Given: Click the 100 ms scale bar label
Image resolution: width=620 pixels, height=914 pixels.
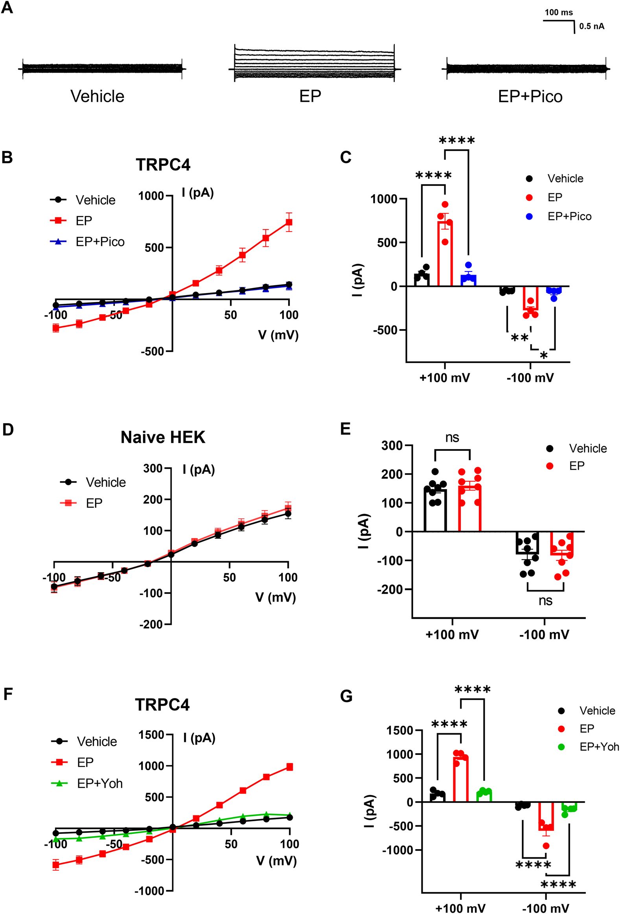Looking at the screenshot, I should [558, 13].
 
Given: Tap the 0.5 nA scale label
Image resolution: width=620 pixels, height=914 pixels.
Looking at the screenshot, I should [591, 26].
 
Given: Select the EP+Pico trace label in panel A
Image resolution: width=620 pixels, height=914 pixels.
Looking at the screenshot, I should [530, 96].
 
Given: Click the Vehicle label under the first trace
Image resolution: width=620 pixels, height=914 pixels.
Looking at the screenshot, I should [97, 96].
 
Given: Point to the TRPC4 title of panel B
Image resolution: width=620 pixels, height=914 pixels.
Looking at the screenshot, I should [163, 165].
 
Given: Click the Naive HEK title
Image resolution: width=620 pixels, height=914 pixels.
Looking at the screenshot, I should [163, 437].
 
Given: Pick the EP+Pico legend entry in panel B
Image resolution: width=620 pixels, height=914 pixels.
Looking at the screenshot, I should [99, 242].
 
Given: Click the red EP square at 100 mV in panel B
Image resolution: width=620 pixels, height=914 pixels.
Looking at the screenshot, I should [289, 222].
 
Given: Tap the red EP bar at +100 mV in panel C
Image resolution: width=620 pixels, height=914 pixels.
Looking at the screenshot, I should [445, 256].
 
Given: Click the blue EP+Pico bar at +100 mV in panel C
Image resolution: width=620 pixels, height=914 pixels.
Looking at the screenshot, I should [468, 281].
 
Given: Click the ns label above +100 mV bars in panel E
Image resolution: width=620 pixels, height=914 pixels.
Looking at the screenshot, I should [452, 437].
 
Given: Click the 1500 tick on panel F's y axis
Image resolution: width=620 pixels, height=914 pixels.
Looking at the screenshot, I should [151, 734].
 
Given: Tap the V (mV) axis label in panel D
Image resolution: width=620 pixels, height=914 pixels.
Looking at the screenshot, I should [275, 597].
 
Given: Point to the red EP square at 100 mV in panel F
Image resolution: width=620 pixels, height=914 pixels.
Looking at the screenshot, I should [289, 767].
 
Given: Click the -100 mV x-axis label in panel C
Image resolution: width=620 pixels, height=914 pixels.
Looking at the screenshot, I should [530, 378].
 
